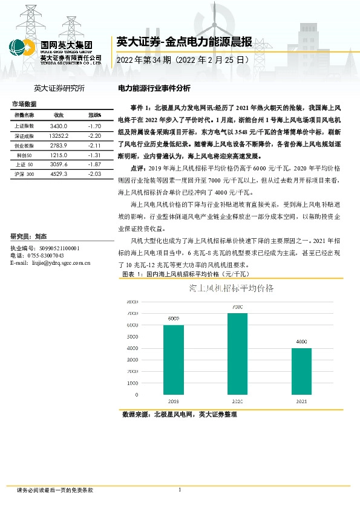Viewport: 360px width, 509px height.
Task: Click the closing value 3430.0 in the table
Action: (59, 126)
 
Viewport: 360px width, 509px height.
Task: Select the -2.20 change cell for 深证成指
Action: (93, 137)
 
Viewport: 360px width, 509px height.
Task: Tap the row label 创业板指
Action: (24, 146)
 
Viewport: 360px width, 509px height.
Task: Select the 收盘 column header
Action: (59, 115)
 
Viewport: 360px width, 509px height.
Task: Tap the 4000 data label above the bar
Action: (301, 342)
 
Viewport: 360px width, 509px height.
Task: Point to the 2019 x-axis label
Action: (174, 400)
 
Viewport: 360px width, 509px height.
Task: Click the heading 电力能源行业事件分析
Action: (153, 88)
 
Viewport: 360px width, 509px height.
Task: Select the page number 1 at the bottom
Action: (180, 490)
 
